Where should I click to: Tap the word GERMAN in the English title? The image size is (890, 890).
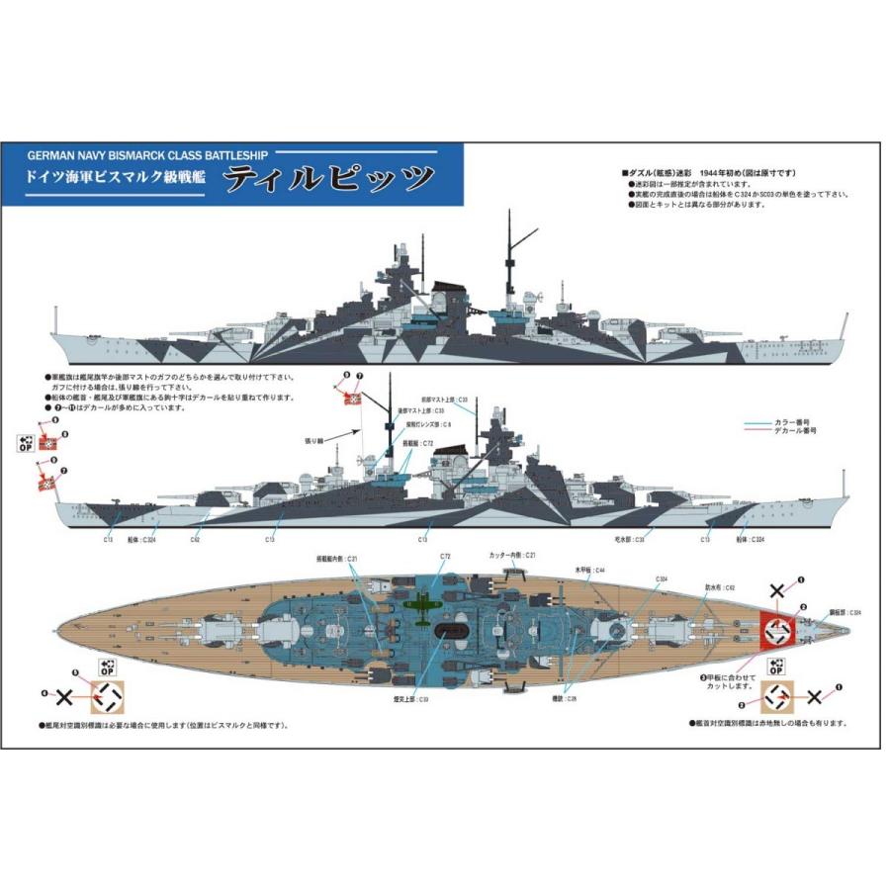[51, 156]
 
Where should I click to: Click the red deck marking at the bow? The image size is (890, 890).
[778, 627]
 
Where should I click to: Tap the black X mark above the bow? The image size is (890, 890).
[778, 591]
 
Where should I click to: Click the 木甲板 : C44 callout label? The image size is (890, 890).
[591, 571]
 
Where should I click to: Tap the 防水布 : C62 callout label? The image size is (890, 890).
[718, 587]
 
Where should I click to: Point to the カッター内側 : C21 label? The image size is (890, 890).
[511, 556]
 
